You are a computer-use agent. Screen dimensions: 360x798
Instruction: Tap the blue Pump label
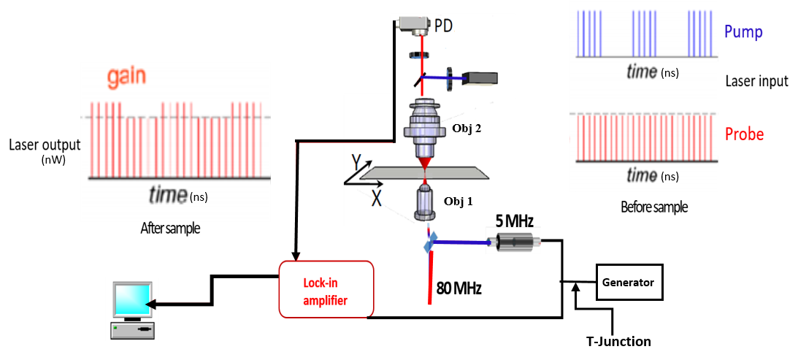(x=743, y=32)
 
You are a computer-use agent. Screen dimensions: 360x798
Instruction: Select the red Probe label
(x=744, y=134)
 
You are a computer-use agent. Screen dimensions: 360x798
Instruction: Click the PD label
(x=443, y=26)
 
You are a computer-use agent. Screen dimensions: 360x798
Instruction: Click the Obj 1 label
(x=459, y=202)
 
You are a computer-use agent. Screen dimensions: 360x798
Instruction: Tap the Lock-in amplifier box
(x=326, y=289)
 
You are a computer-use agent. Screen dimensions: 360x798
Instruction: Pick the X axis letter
(x=375, y=197)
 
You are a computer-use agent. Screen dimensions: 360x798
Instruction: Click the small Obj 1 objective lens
(x=424, y=202)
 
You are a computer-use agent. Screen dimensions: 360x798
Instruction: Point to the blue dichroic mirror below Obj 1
(x=431, y=242)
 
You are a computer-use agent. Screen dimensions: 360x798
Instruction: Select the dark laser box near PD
(x=482, y=76)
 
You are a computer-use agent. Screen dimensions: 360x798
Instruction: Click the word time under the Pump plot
(x=642, y=72)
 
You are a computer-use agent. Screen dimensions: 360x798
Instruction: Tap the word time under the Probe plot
(x=642, y=175)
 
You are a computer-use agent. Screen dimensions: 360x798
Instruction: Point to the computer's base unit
(x=132, y=331)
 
